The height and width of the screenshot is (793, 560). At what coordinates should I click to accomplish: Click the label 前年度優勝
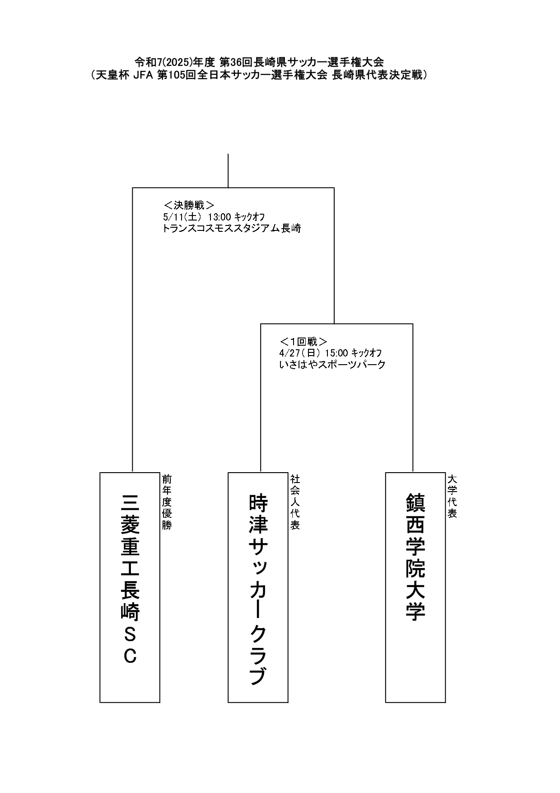167,502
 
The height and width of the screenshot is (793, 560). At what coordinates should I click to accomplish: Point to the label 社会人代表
295,502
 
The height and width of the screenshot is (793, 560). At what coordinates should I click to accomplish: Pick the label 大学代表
452,496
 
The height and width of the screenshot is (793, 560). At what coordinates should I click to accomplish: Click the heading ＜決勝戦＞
189,205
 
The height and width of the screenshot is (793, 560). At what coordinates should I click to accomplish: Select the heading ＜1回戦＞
303,341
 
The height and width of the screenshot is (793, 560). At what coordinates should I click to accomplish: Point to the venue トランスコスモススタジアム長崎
232,228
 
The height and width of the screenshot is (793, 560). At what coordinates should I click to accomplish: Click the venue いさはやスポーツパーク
332,364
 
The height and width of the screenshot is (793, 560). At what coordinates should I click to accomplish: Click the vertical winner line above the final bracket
228,171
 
